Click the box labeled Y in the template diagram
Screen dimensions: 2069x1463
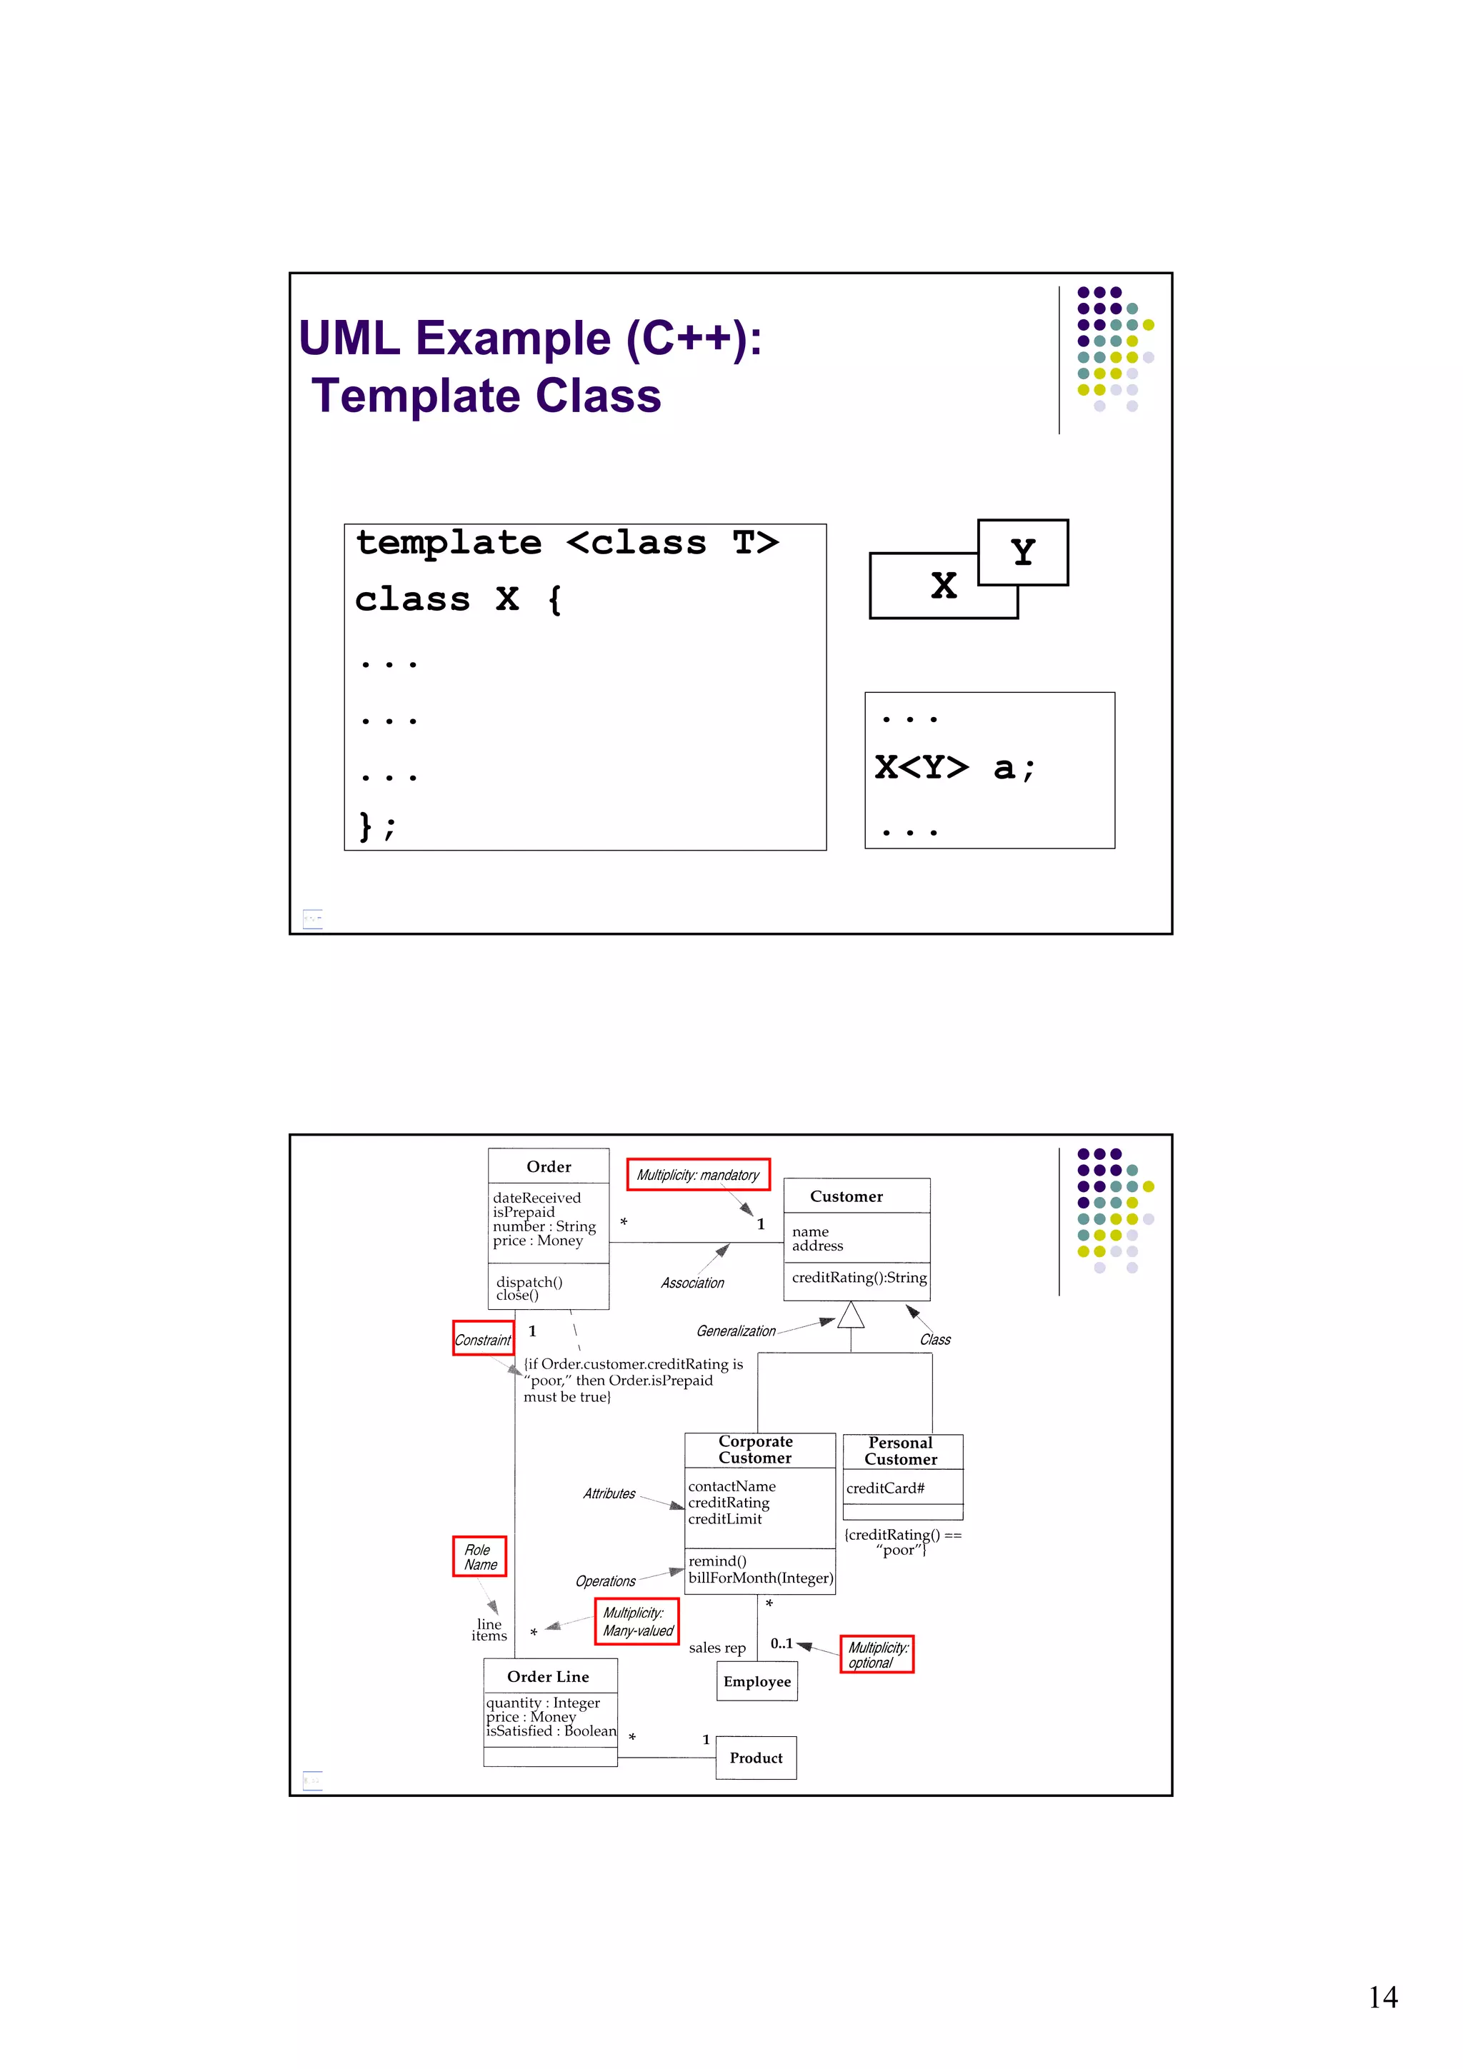(1022, 551)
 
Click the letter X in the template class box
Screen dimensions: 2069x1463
(943, 586)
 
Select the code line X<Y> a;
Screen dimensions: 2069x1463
(954, 768)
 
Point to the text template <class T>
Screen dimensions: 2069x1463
(567, 543)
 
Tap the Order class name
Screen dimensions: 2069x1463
(548, 1166)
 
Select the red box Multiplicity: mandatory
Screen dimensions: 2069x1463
(698, 1174)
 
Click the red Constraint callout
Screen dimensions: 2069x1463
(482, 1339)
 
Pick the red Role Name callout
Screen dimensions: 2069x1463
(479, 1556)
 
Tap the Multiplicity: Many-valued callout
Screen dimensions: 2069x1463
(636, 1621)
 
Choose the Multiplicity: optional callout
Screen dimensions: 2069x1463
(877, 1655)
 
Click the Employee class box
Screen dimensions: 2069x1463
(757, 1681)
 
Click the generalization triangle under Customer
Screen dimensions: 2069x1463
(850, 1316)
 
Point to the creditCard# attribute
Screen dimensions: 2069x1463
(885, 1488)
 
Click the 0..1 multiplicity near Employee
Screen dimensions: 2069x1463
(782, 1643)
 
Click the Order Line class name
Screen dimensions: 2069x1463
(547, 1676)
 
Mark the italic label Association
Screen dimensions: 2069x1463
(691, 1282)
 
